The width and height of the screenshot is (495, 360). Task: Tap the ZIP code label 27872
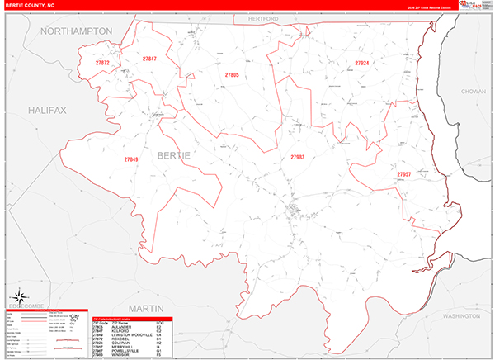(x=103, y=63)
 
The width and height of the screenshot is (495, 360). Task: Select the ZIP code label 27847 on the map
(x=149, y=59)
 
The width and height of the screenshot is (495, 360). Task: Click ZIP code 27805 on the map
(x=232, y=75)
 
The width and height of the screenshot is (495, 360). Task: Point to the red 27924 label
(x=362, y=63)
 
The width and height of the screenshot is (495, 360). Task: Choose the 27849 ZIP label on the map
(x=132, y=159)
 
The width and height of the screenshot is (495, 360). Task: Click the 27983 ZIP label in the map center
(x=297, y=156)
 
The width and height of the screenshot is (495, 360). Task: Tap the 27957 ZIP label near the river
(x=403, y=174)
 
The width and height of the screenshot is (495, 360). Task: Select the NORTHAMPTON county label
(x=76, y=31)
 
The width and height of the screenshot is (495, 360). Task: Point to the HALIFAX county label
(x=46, y=109)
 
